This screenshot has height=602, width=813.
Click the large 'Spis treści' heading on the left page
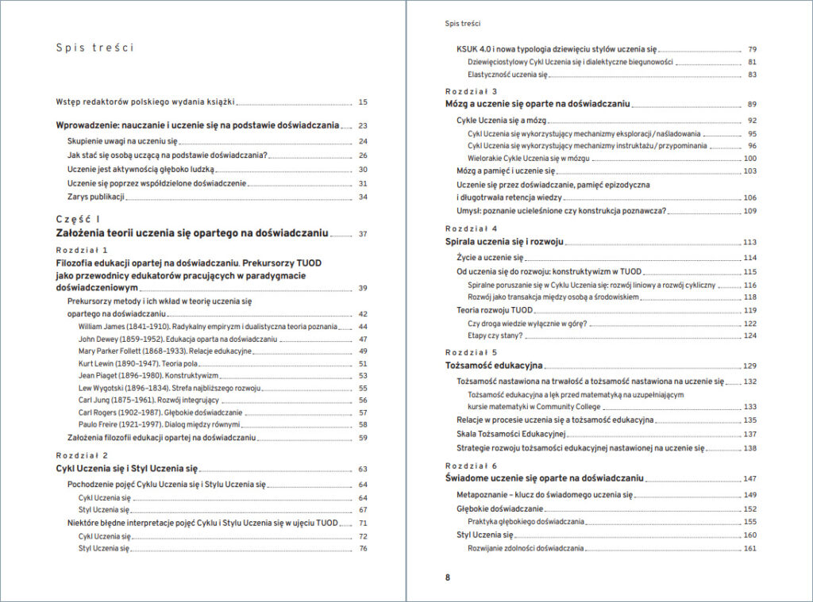click(94, 48)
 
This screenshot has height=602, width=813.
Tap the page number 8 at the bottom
click(448, 577)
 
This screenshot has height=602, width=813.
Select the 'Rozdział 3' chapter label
click(472, 91)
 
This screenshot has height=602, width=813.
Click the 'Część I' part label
click(79, 219)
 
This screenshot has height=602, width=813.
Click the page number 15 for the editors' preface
click(363, 102)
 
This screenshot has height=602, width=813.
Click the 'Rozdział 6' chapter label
click(472, 466)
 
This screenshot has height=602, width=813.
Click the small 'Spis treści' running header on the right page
click(463, 24)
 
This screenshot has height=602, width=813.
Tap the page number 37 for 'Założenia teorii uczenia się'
click(363, 234)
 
